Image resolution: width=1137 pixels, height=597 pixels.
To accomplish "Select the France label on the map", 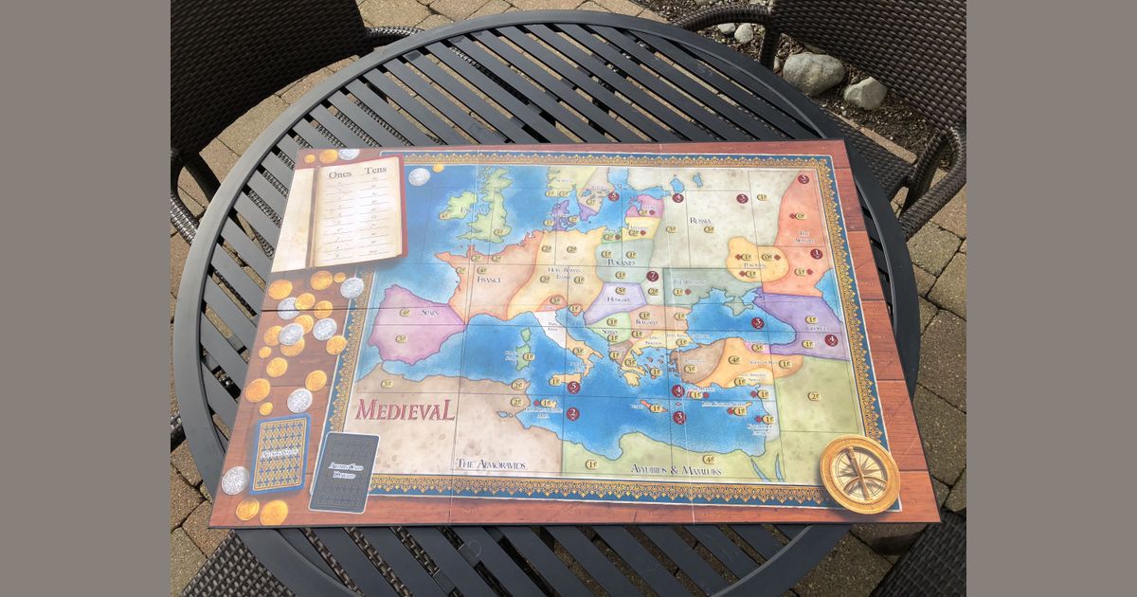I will click(x=489, y=280).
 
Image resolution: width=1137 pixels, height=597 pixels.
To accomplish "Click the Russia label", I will click(x=700, y=221).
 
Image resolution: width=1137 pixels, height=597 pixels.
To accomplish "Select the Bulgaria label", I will click(x=646, y=323).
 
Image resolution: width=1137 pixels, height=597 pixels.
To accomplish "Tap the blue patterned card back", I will click(x=280, y=453).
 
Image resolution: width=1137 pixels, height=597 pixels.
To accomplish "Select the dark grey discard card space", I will click(x=345, y=472).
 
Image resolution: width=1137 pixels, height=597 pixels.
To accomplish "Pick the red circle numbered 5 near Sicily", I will click(x=573, y=387).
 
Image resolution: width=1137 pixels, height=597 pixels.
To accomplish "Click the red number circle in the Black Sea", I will click(x=757, y=323).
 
